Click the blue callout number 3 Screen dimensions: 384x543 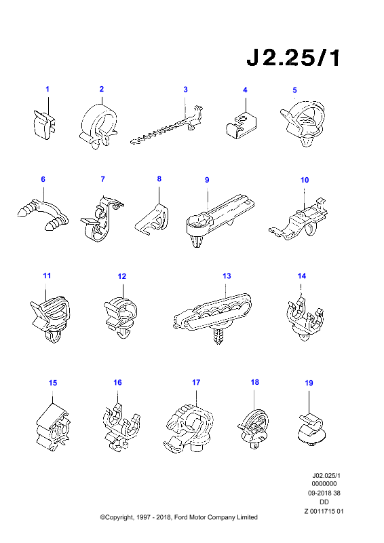(x=185, y=90)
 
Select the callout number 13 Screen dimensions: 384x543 (x=227, y=276)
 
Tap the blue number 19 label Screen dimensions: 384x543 (x=309, y=383)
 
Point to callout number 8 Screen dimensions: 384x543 (x=159, y=179)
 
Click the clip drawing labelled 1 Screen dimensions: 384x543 (x=44, y=124)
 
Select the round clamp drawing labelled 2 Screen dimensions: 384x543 (x=98, y=126)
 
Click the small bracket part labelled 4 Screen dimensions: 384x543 (x=241, y=126)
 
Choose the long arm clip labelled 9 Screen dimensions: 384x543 (x=218, y=218)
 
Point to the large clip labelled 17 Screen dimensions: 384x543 (x=188, y=428)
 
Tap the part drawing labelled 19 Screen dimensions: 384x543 (x=311, y=430)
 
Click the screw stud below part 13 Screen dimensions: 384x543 (x=218, y=336)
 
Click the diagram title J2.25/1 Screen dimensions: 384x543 (x=293, y=58)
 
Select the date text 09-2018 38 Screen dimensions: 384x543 (x=324, y=493)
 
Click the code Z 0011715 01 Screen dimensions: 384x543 (x=324, y=511)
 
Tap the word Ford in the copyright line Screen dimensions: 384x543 (x=180, y=517)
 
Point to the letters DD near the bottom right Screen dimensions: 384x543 (x=324, y=502)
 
